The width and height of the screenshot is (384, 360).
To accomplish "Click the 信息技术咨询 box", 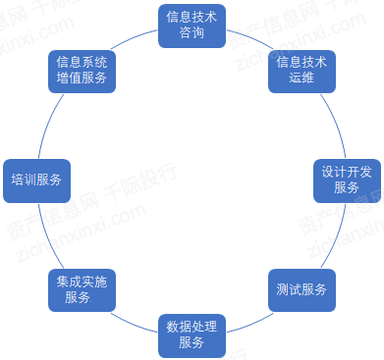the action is tap(191, 26).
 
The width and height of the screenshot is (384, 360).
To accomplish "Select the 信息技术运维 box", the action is tap(302, 70).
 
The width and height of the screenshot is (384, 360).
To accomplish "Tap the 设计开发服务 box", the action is tap(346, 179).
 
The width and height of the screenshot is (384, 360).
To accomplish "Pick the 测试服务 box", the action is tap(301, 290).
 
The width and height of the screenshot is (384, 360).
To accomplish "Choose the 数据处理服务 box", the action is tap(191, 334).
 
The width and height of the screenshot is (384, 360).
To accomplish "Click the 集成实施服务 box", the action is tap(82, 290).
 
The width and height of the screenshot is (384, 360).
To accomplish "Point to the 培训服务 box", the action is tap(36, 180).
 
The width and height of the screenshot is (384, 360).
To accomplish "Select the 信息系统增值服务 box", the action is tap(82, 70).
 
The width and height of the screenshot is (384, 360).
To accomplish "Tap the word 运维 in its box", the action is tap(302, 78).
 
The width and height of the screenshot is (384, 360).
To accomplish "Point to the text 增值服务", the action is tap(82, 78).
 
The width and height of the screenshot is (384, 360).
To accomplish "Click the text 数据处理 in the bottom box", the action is tap(191, 325).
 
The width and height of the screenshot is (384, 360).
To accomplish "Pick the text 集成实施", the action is tap(82, 282).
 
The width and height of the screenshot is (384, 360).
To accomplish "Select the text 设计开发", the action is tap(346, 171).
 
